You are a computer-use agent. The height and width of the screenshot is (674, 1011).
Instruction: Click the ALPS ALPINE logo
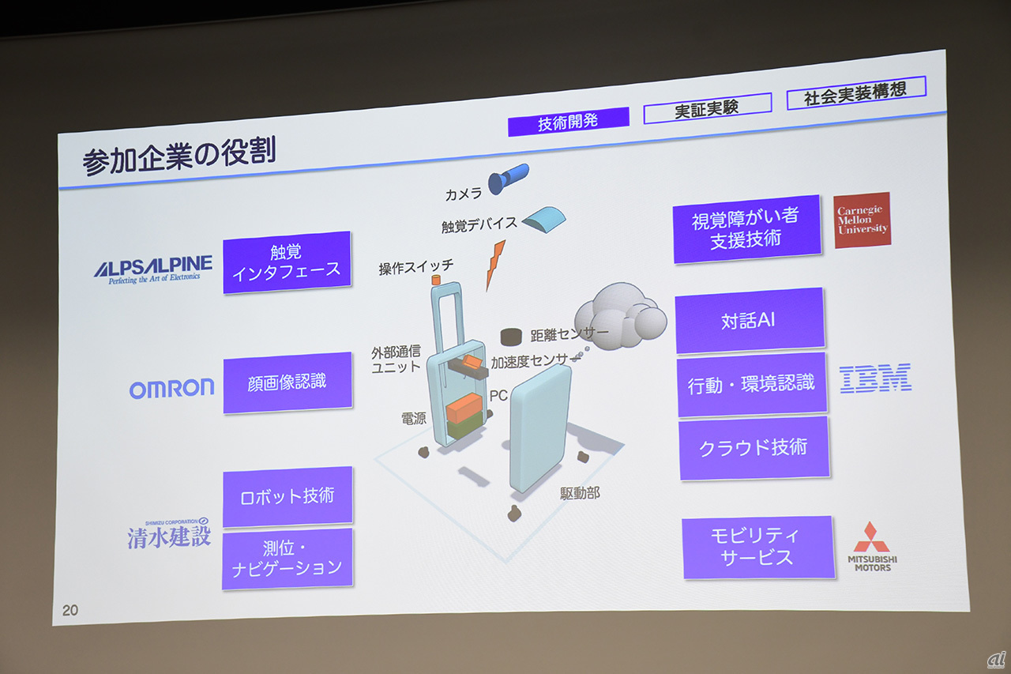click(153, 269)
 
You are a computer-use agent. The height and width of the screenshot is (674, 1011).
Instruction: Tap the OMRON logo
click(171, 389)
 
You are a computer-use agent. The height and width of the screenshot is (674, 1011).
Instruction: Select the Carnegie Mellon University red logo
click(862, 220)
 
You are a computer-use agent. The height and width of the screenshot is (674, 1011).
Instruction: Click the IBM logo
click(875, 378)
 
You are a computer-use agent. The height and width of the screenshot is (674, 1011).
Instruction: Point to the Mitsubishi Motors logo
click(872, 547)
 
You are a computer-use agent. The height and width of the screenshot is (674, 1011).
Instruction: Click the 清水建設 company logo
click(169, 533)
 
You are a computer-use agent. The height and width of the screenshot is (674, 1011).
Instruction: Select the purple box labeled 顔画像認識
click(288, 382)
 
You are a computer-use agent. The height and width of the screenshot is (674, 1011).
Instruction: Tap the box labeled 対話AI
click(750, 320)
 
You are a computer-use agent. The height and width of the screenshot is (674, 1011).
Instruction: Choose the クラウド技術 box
click(754, 448)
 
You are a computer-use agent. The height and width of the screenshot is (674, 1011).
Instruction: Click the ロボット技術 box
click(288, 496)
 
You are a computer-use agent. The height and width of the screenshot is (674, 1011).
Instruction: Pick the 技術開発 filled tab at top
click(568, 122)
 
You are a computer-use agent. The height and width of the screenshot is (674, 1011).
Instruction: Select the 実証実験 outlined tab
click(707, 108)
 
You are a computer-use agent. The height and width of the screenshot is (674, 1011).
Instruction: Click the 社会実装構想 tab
click(856, 92)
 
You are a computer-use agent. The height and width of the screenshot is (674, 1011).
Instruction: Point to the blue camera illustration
click(508, 179)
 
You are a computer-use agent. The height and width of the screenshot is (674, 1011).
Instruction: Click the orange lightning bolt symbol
click(495, 265)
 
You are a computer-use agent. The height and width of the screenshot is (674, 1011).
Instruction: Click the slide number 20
click(70, 610)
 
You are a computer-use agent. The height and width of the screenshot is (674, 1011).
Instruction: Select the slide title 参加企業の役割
click(179, 156)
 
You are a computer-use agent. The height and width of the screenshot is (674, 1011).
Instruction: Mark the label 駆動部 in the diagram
click(580, 493)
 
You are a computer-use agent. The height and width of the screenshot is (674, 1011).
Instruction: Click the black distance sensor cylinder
click(511, 337)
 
